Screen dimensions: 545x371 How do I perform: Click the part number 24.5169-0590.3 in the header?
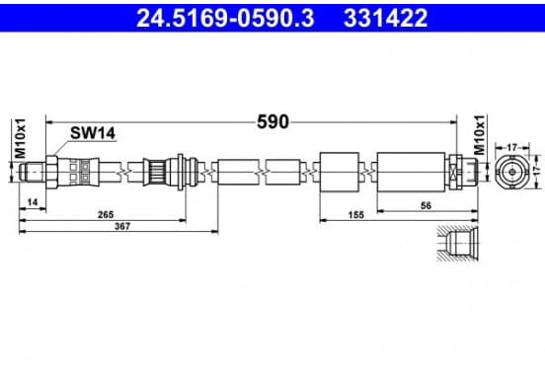pos(225,18)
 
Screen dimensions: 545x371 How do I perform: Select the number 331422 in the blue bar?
pos(385,18)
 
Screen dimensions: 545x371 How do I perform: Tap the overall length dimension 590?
pos(272,122)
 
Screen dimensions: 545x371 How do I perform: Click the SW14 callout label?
pos(93,133)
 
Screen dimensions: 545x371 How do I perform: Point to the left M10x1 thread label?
pos(20,138)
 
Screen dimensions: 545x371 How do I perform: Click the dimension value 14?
pos(33,202)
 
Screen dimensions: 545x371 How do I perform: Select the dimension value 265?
pos(106,215)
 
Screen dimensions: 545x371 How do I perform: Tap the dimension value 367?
pos(122,227)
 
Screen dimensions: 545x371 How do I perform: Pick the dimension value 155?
pos(355,215)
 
